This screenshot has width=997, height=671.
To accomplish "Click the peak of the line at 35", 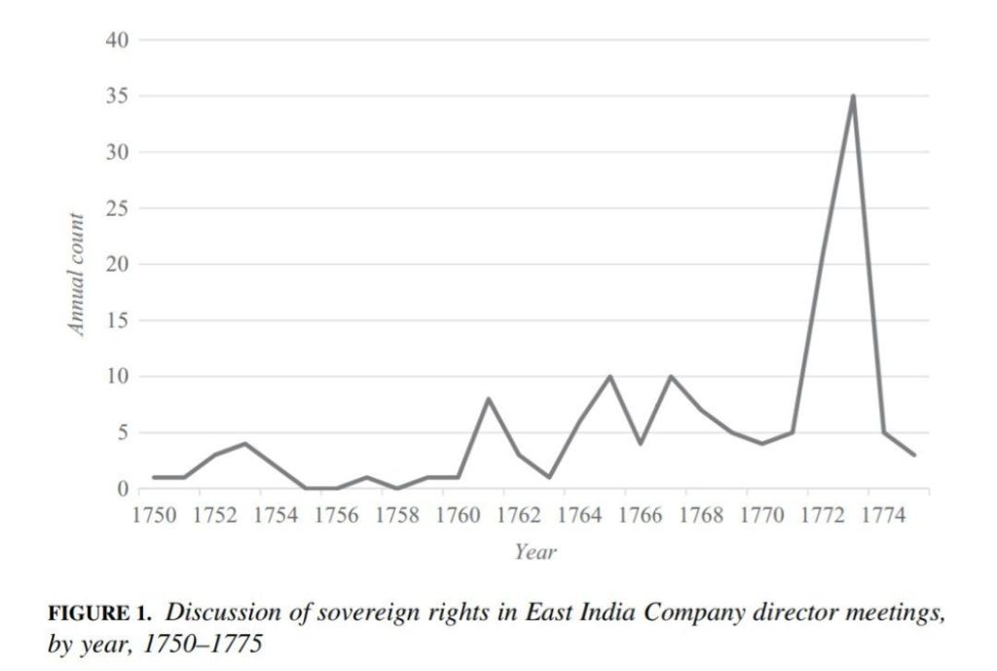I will pyautogui.click(x=853, y=96).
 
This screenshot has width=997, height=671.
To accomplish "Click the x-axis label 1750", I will pyautogui.click(x=154, y=515).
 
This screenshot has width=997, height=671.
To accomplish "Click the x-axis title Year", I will pyautogui.click(x=535, y=552).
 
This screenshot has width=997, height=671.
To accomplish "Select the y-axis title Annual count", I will pyautogui.click(x=77, y=274).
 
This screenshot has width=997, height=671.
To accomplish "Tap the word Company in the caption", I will pyautogui.click(x=644, y=614).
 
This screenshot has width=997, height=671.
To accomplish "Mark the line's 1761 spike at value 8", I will pyautogui.click(x=489, y=399).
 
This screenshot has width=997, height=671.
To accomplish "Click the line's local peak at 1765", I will pyautogui.click(x=610, y=376).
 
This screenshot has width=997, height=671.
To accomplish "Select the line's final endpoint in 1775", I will pyautogui.click(x=914, y=455).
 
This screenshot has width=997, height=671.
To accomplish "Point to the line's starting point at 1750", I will pyautogui.click(x=154, y=477).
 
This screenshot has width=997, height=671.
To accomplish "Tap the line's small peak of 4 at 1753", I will pyautogui.click(x=245, y=444).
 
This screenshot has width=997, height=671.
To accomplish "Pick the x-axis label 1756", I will pyautogui.click(x=336, y=515).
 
